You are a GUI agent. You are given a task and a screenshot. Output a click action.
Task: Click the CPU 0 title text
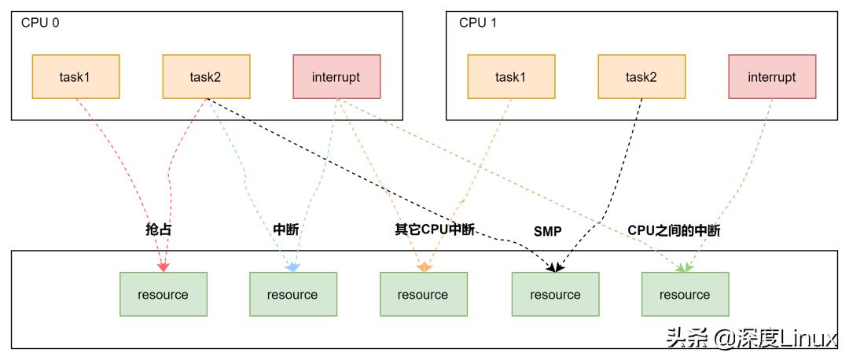click(x=40, y=22)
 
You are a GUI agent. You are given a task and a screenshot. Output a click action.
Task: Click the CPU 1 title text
click(x=478, y=22)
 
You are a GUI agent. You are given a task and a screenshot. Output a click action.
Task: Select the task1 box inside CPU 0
click(x=75, y=77)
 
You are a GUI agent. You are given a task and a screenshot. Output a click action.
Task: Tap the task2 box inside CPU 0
click(x=206, y=77)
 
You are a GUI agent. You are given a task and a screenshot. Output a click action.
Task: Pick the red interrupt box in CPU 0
click(x=336, y=77)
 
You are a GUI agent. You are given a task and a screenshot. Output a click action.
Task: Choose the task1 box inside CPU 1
click(x=511, y=77)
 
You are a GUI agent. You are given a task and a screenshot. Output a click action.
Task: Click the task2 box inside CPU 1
click(x=641, y=77)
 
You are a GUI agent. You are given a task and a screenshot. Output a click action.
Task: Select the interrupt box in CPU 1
click(x=772, y=77)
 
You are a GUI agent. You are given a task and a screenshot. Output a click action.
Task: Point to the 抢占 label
click(x=159, y=230)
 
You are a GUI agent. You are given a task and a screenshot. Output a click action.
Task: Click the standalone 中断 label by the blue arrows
click(x=285, y=230)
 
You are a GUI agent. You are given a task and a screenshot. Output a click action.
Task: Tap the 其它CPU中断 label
click(x=434, y=230)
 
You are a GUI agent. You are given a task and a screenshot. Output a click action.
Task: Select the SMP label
click(x=547, y=232)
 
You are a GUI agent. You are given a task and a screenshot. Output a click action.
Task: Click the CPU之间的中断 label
click(x=674, y=231)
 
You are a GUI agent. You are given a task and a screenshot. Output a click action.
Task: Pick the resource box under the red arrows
click(x=163, y=295)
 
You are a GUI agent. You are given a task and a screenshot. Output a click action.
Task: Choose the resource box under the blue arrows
click(x=292, y=295)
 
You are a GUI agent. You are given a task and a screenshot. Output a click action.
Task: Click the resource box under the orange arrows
click(x=423, y=295)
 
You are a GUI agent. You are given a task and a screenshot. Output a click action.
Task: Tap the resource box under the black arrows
click(x=554, y=295)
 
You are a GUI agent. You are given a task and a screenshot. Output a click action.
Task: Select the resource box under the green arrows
click(x=685, y=295)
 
